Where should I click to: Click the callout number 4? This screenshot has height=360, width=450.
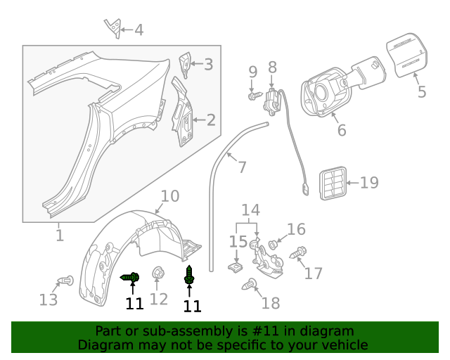click(x=139, y=30)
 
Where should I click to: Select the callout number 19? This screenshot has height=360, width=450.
click(x=369, y=183)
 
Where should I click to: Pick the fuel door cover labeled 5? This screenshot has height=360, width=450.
click(x=407, y=56)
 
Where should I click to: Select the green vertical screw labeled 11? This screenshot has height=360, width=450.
click(x=189, y=275)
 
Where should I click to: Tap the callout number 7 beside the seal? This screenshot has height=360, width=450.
click(x=242, y=167)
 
